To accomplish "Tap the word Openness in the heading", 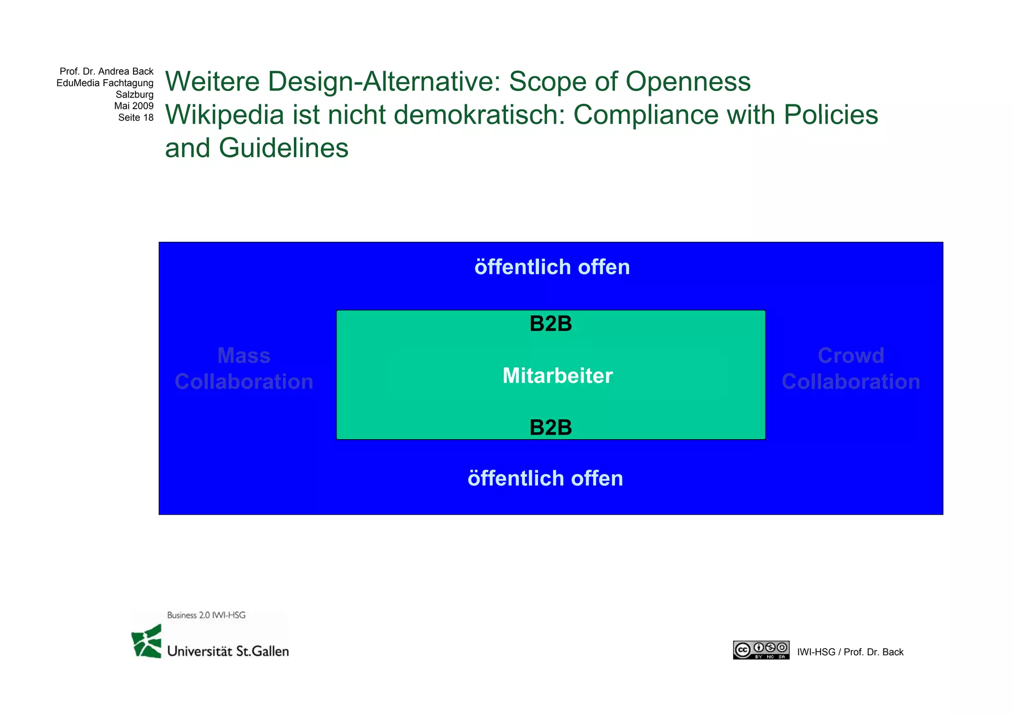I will pyautogui.click(x=688, y=82).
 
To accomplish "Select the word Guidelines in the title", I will pyautogui.click(x=283, y=148).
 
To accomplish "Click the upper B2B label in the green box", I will pyautogui.click(x=551, y=324).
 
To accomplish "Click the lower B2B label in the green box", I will pyautogui.click(x=551, y=427).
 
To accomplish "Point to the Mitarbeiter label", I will pyautogui.click(x=557, y=376).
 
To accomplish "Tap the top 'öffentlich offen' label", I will pyautogui.click(x=552, y=267).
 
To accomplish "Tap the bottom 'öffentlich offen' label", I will pyautogui.click(x=545, y=478).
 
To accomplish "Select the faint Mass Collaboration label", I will pyautogui.click(x=244, y=369).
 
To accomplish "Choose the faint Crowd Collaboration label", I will pyautogui.click(x=851, y=369).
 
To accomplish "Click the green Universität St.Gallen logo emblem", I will pyautogui.click(x=147, y=641).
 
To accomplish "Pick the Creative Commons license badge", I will pyautogui.click(x=761, y=650).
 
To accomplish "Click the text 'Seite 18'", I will pyautogui.click(x=136, y=118).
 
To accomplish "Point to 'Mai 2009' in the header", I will pyautogui.click(x=134, y=106).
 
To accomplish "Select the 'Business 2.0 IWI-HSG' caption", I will pyautogui.click(x=206, y=615).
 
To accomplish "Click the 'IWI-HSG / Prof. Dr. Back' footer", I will pyautogui.click(x=850, y=652).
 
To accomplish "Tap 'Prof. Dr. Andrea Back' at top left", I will pyautogui.click(x=106, y=72).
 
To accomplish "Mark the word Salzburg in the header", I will pyautogui.click(x=135, y=94).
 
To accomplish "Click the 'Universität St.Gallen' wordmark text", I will pyautogui.click(x=228, y=651).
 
